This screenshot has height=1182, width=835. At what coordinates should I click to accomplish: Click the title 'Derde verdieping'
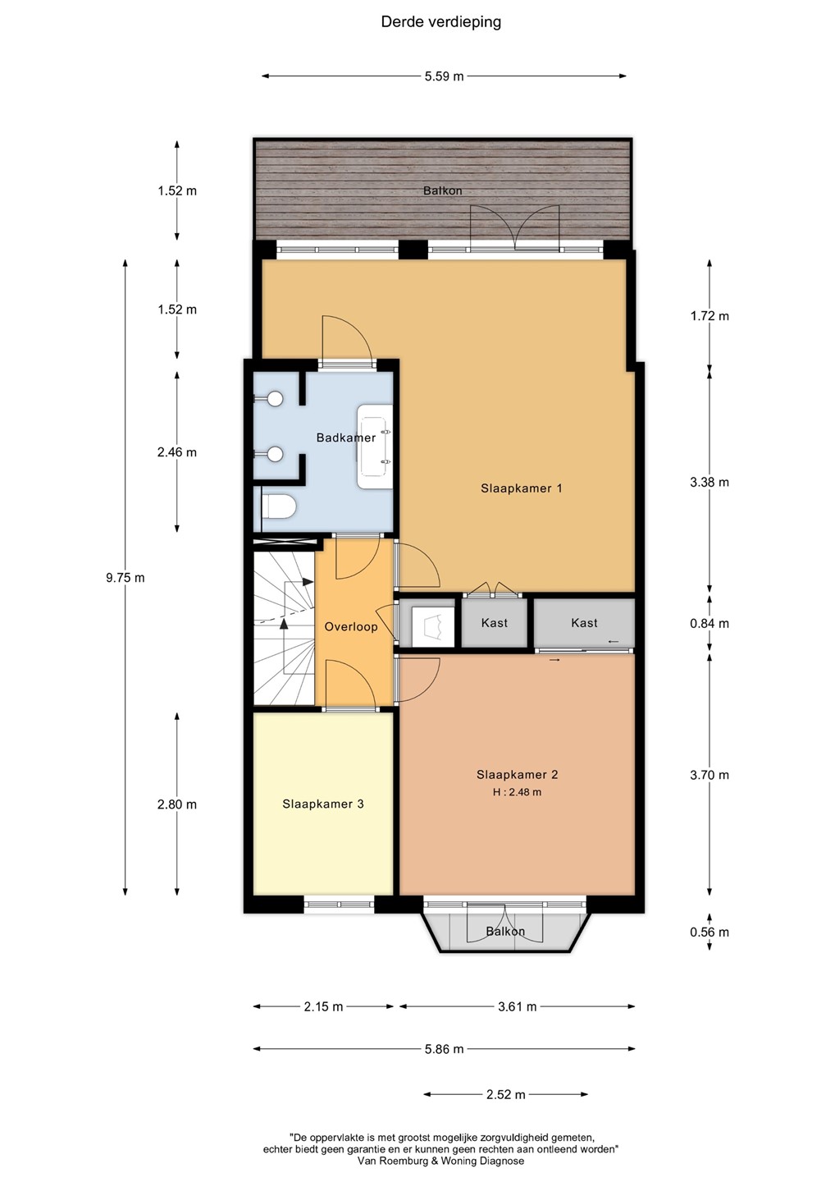click(440, 23)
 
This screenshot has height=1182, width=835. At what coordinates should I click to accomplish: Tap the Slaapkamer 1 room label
click(522, 488)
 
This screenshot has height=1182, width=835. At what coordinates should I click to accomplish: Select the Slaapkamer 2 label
click(517, 775)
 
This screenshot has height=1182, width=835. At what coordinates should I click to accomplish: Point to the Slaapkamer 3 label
click(323, 804)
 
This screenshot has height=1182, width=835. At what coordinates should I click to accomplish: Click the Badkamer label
click(346, 438)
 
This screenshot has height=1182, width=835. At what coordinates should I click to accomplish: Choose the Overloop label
click(351, 627)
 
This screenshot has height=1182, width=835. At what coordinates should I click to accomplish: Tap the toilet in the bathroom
click(279, 506)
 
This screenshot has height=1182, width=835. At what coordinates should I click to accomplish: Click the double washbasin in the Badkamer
click(375, 447)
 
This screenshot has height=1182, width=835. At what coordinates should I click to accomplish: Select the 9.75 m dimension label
click(125, 578)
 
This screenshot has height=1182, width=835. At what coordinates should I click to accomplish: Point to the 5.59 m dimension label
click(445, 76)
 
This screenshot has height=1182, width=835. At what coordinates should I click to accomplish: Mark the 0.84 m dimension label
click(710, 624)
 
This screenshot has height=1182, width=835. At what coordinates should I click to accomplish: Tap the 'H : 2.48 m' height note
click(517, 792)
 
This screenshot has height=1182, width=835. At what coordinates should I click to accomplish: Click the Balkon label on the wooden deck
click(443, 190)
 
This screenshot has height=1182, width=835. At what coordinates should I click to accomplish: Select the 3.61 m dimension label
click(517, 1007)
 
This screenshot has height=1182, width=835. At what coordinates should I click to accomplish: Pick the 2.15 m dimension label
click(323, 1007)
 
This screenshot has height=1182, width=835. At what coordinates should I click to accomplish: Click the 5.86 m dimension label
click(445, 1049)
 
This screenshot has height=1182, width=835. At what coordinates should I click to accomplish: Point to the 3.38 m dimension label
click(710, 483)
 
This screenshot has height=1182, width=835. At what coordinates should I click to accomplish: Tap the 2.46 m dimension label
click(177, 452)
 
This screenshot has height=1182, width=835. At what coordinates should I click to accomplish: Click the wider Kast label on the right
click(584, 623)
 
